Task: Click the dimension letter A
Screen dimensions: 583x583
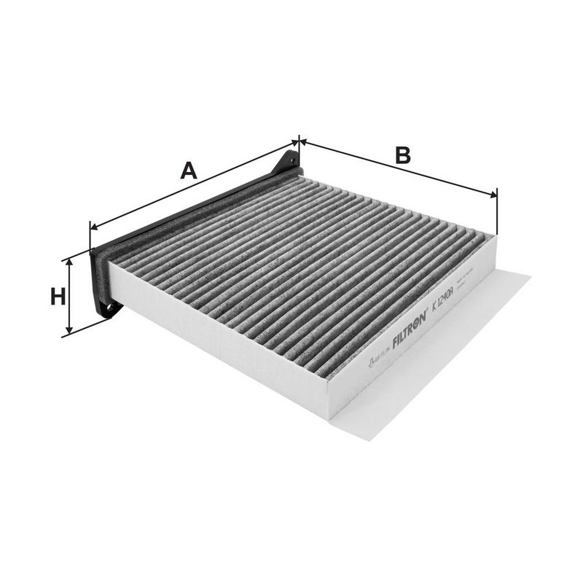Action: (x=189, y=171)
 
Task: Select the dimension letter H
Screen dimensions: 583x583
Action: (x=58, y=297)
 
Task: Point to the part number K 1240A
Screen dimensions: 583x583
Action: (x=442, y=301)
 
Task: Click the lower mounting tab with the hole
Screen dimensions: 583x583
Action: (x=108, y=308)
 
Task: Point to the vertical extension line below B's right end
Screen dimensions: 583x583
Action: (x=496, y=215)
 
